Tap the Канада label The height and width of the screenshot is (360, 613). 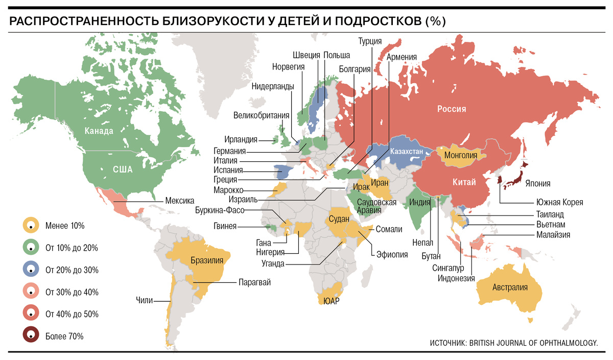click(99, 131)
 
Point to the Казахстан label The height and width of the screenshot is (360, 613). click(407, 152)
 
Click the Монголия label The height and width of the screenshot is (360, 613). click(461, 155)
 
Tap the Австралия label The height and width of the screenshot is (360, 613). click(509, 287)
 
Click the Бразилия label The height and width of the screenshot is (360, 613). click(207, 260)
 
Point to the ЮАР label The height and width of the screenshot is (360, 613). click(332, 301)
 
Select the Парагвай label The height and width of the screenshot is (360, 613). click(254, 282)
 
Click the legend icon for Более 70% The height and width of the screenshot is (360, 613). click(31, 335)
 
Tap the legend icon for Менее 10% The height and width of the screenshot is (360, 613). click(31, 225)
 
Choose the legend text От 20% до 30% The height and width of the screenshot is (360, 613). click(72, 270)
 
